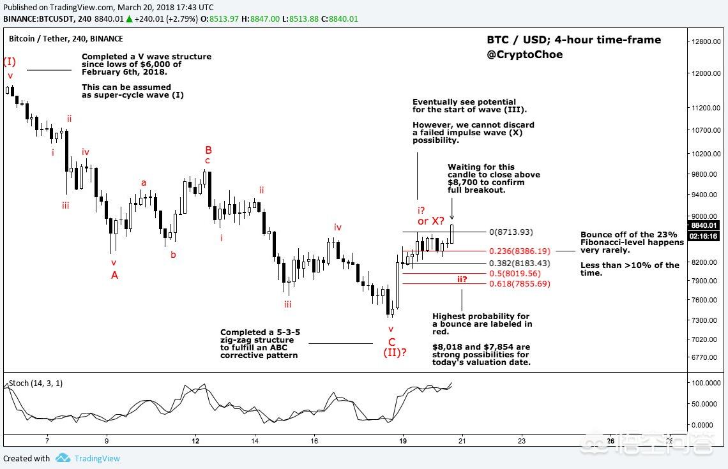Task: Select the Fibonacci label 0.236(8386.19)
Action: click(519, 251)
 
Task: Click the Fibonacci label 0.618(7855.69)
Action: click(519, 284)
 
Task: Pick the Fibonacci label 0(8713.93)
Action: click(510, 232)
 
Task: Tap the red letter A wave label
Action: click(114, 275)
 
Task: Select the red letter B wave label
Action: click(208, 150)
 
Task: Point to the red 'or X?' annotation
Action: click(431, 221)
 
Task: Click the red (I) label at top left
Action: click(10, 62)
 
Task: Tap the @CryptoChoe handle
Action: click(524, 55)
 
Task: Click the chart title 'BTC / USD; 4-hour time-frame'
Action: click(573, 40)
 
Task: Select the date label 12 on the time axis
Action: click(195, 440)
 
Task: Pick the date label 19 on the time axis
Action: click(402, 440)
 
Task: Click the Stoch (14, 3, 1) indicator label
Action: click(36, 383)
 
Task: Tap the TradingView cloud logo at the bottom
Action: click(63, 458)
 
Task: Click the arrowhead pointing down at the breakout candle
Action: click(452, 217)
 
